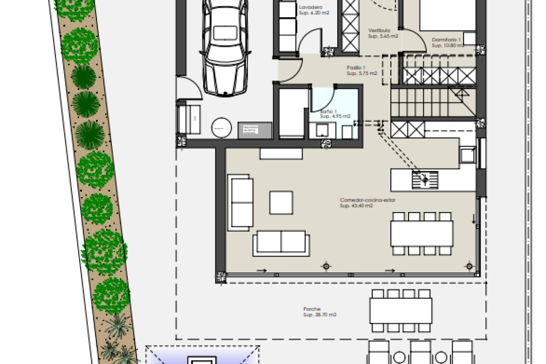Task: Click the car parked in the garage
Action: (x=225, y=48)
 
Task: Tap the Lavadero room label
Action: (x=311, y=8)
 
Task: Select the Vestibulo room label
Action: (x=379, y=31)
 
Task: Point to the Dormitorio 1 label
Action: (x=447, y=40)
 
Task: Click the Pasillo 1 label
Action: (x=356, y=67)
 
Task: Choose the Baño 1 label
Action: (x=329, y=111)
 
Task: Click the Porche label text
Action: (x=312, y=309)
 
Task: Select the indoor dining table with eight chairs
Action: (x=422, y=233)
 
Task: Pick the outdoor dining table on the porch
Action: (x=401, y=310)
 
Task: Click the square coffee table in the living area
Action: (x=281, y=202)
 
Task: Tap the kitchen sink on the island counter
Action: (x=425, y=180)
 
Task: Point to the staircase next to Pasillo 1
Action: (x=432, y=102)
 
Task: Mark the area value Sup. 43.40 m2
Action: (x=356, y=206)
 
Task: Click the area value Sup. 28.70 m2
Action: (x=320, y=315)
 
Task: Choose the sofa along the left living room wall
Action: (x=241, y=202)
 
